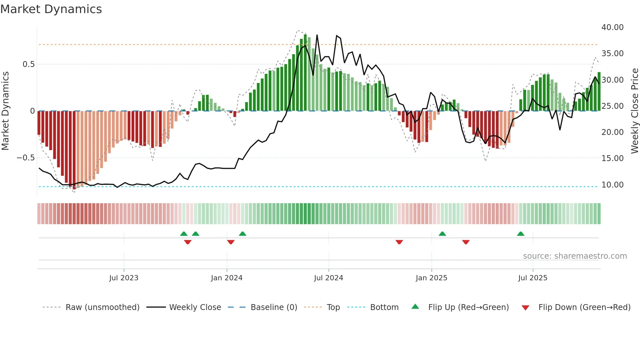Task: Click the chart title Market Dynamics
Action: (51, 9)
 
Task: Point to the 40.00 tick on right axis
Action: (612, 27)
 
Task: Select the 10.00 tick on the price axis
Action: (612, 185)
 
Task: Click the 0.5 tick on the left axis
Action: (28, 64)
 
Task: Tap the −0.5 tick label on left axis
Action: (26, 158)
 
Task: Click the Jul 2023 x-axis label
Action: (124, 278)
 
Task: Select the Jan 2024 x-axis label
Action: (227, 278)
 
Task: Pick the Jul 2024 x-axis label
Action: (328, 278)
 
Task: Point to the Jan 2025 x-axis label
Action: (431, 278)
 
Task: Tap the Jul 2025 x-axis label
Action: (533, 278)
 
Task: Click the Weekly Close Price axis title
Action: (634, 111)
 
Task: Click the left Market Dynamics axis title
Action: (5, 111)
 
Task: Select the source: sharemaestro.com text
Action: (575, 256)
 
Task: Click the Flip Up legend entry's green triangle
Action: (415, 306)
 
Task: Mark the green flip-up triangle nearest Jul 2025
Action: (520, 234)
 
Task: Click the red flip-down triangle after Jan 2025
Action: (466, 242)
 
